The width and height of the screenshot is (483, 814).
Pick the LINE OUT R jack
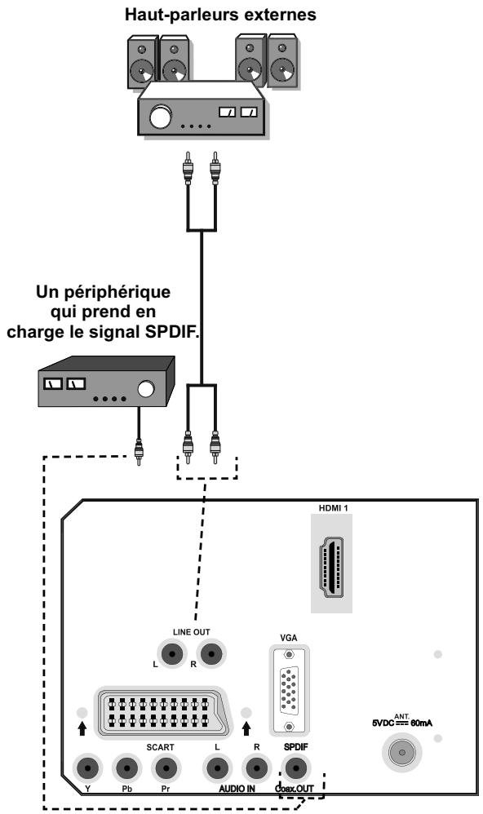[x=212, y=653]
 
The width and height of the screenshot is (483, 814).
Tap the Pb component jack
[x=126, y=768]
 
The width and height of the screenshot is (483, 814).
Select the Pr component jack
[x=166, y=768]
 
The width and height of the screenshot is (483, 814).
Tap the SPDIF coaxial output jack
[x=295, y=768]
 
